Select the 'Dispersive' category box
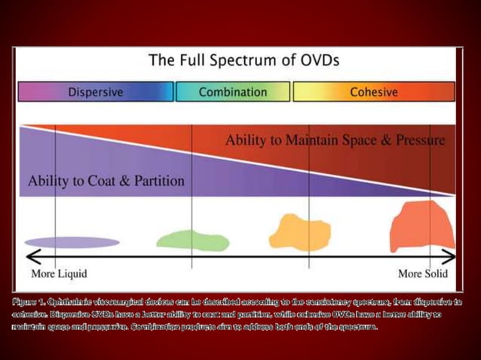96,92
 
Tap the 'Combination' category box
233,92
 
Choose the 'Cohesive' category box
374,92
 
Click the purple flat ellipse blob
61,242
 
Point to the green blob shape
192,239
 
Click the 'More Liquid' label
59,273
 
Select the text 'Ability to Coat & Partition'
106,181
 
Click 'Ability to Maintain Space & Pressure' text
335,140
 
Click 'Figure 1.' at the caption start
28,301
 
